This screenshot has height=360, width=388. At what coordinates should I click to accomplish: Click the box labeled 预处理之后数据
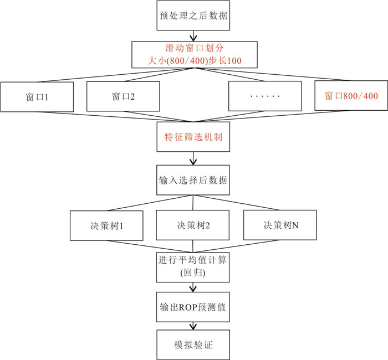tap(193, 16)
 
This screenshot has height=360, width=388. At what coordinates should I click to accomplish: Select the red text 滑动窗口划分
tap(195, 48)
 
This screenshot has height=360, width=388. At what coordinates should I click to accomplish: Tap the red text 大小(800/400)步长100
tap(195, 60)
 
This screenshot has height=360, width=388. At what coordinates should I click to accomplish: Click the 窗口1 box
tap(37, 97)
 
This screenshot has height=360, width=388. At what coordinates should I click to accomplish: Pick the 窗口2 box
tap(123, 96)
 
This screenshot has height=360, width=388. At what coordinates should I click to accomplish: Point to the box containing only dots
tap(265, 96)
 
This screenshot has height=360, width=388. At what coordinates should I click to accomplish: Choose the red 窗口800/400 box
tap(351, 95)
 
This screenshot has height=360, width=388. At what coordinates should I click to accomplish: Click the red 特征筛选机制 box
tap(193, 137)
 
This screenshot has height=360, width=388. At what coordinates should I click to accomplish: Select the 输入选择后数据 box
tap(193, 180)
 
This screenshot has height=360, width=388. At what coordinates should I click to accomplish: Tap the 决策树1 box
tap(106, 225)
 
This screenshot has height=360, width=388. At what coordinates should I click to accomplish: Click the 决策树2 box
tap(193, 225)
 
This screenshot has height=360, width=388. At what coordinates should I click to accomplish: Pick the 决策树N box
tap(280, 225)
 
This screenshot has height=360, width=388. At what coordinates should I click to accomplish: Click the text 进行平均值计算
tap(192, 260)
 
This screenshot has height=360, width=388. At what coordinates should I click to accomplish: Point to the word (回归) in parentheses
tap(193, 272)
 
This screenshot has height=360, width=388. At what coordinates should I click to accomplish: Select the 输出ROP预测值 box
tap(193, 307)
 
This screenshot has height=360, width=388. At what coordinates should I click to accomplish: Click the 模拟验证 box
tap(193, 344)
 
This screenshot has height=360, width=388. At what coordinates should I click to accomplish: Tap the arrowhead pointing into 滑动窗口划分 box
tap(193, 38)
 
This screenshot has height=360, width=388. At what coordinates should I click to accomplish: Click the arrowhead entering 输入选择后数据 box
tap(193, 162)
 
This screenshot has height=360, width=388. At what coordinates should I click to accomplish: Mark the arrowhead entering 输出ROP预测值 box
tap(193, 289)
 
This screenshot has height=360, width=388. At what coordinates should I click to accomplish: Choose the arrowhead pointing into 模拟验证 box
tap(193, 327)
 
